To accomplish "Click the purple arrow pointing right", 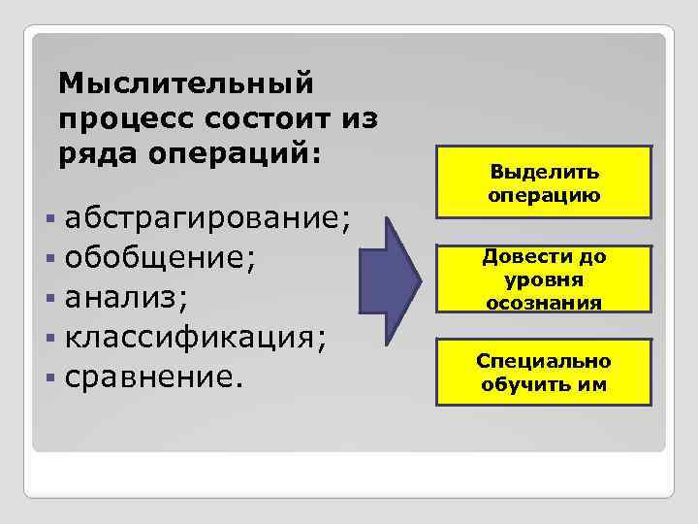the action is (392, 281).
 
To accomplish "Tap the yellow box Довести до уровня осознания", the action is (544, 279).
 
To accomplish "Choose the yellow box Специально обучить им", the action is (544, 373).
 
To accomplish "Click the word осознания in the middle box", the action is (544, 302).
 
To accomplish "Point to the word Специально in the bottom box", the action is (544, 361).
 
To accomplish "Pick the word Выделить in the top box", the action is (544, 173).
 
